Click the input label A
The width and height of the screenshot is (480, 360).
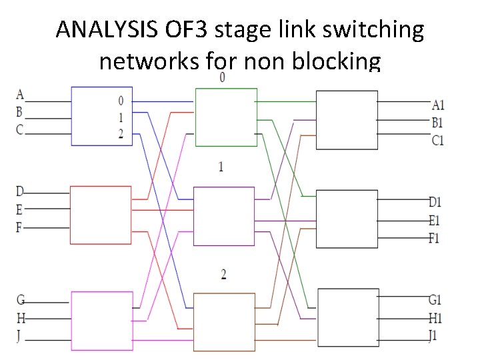[x=19, y=93]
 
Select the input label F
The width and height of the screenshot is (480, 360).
[x=19, y=227]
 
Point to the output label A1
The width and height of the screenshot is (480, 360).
[x=438, y=105]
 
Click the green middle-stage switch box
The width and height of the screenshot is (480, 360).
[x=225, y=117]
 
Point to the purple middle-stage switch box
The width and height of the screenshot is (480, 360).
[x=224, y=216]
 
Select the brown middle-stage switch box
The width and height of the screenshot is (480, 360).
[x=224, y=321]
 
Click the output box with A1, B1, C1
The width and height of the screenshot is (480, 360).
[x=347, y=119]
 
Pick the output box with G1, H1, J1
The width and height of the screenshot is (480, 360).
[x=347, y=317]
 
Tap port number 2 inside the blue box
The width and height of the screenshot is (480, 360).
[x=120, y=133]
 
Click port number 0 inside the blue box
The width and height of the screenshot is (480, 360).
[x=120, y=101]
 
